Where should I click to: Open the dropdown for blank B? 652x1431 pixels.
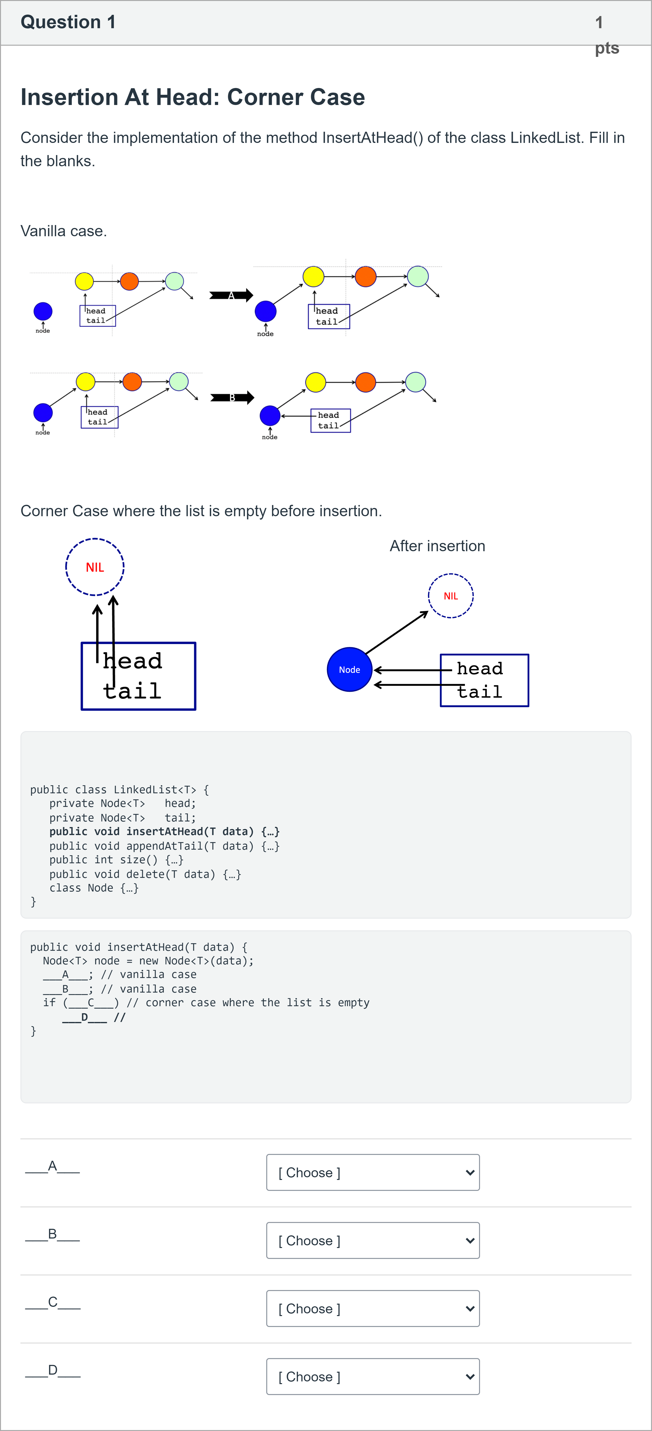pos(373,1240)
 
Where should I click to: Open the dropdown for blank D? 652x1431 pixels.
pos(373,1377)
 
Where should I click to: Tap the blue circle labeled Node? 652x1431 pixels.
pos(349,669)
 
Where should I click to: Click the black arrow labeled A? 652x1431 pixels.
pos(231,295)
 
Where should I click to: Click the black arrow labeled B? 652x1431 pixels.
pos(232,397)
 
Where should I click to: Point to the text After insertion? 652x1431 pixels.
pos(438,546)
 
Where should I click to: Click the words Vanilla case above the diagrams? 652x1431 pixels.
pos(63,231)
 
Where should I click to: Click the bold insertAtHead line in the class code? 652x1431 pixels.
pos(164,832)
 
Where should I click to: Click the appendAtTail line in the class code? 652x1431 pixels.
pos(164,846)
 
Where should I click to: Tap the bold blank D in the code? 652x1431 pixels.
pos(85,1017)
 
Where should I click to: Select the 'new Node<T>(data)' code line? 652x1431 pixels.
pos(148,961)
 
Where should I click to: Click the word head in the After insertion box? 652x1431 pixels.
pos(480,668)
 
